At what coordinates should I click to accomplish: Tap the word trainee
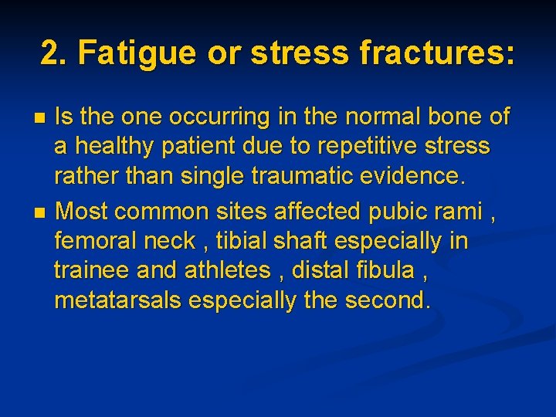[90, 270]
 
